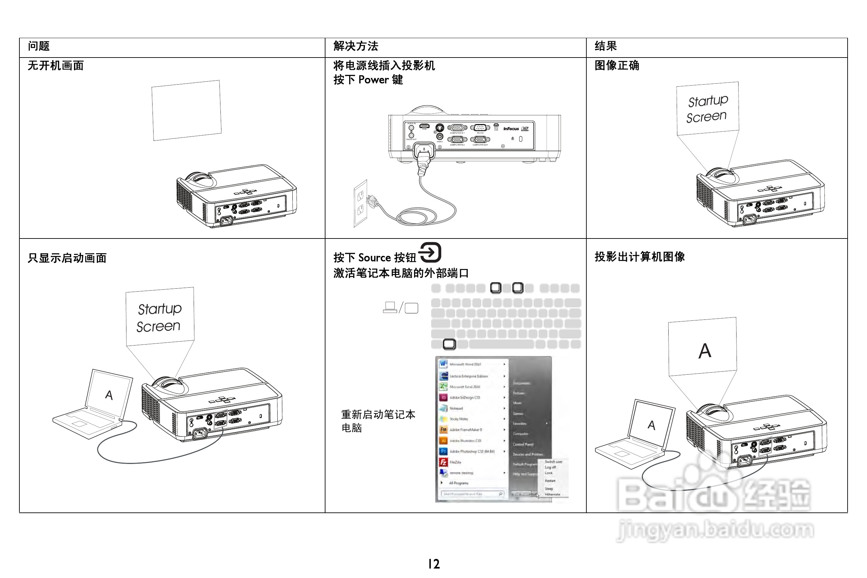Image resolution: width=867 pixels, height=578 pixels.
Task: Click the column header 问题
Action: (x=39, y=46)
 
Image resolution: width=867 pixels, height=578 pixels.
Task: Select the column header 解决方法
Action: (x=356, y=46)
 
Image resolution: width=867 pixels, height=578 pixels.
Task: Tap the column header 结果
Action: (x=606, y=46)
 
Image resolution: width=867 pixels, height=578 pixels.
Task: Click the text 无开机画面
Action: (x=56, y=66)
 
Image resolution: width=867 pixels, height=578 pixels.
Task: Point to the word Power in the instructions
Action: (x=373, y=80)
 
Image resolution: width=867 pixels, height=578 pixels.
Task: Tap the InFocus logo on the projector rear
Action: (x=511, y=129)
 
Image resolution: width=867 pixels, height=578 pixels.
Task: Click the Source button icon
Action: (x=430, y=252)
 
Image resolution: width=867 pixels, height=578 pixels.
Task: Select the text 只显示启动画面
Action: (x=67, y=258)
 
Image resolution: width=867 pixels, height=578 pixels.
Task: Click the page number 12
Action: (x=434, y=564)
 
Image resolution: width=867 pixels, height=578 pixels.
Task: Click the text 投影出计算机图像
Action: (x=640, y=257)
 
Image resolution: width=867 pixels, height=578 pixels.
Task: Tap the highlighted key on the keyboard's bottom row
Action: (x=449, y=344)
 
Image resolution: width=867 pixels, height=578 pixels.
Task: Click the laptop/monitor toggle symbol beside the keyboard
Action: (x=401, y=307)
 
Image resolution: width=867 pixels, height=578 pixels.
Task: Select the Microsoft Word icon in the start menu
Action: (x=443, y=364)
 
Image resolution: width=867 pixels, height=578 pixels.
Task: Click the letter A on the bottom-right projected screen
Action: (x=705, y=351)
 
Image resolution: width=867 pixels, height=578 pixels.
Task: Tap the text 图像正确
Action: (x=617, y=66)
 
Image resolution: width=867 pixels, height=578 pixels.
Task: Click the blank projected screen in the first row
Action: (x=187, y=110)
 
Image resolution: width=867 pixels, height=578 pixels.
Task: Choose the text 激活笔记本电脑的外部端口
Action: (x=401, y=273)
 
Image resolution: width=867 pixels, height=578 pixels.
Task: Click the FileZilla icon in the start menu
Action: (x=443, y=462)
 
